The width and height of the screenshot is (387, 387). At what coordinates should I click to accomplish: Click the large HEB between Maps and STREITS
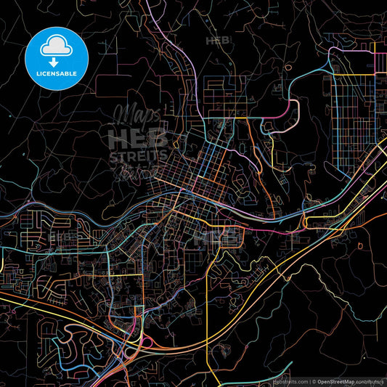point(137,137)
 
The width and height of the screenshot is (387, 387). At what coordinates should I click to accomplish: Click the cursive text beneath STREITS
point(137,171)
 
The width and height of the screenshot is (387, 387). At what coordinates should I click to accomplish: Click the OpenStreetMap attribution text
point(334,380)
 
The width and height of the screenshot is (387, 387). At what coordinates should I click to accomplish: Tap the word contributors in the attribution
point(369,380)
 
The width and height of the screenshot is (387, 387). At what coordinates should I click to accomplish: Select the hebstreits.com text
point(290,380)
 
